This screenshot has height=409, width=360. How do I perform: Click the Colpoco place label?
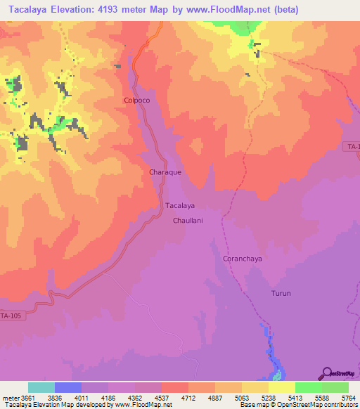[137, 100]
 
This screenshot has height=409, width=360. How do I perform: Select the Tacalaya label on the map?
[179, 206]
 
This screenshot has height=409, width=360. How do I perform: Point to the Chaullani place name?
[188, 221]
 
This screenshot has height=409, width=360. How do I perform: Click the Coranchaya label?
[242, 259]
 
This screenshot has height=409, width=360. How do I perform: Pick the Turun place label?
[281, 293]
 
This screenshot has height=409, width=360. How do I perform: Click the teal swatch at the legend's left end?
[41, 387]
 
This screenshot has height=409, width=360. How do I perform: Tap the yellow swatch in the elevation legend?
[282, 387]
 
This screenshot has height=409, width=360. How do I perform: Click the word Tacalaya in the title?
[27, 10]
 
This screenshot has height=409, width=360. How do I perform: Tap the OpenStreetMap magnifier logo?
[327, 372]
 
